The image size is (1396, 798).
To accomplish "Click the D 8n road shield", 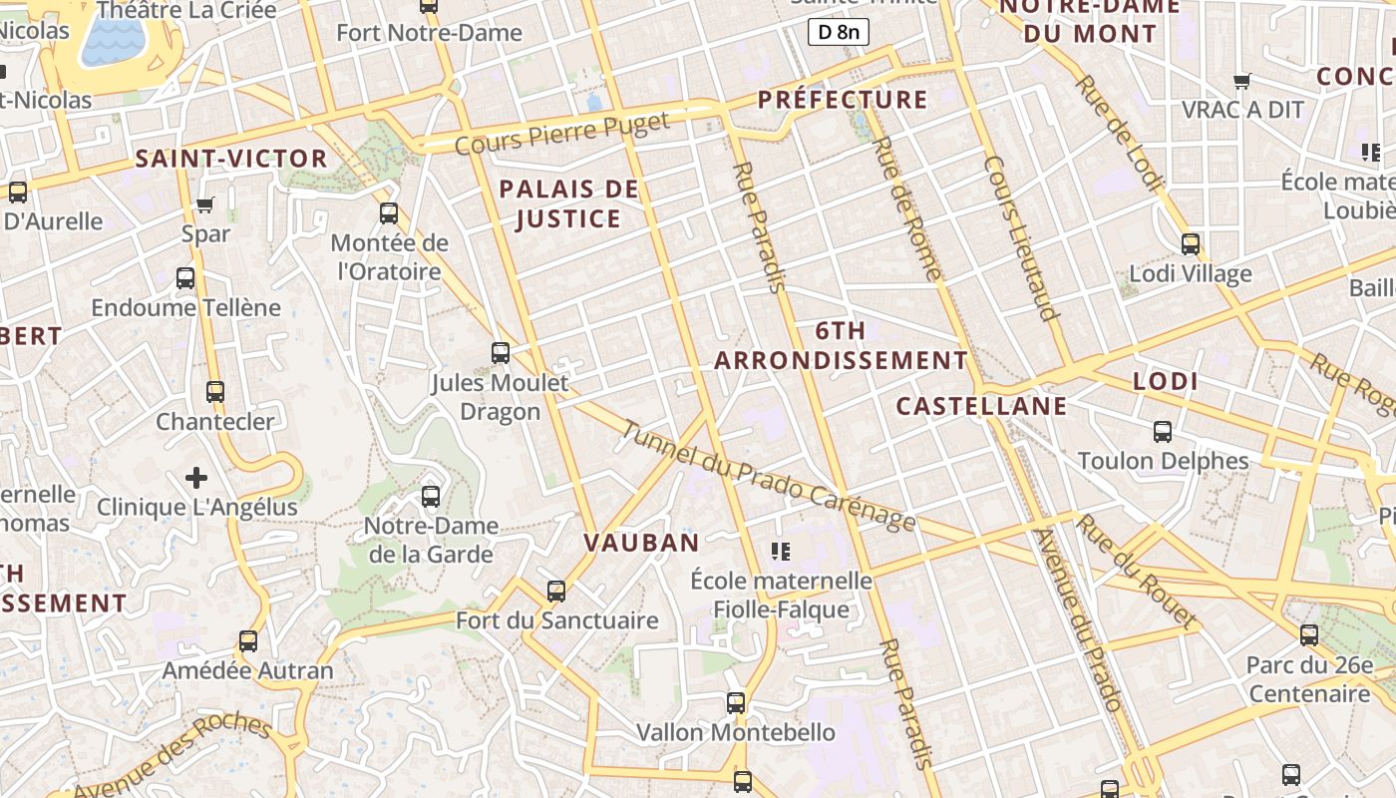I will click(838, 33).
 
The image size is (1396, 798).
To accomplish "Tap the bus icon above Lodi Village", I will click(1190, 244).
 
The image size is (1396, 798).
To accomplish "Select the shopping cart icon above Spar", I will click(205, 205).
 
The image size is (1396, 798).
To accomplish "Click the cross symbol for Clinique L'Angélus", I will click(196, 478).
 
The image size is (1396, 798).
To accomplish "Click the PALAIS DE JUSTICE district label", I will click(568, 203).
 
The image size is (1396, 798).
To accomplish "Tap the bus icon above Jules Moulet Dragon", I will click(501, 353).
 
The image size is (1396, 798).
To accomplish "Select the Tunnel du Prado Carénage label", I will click(768, 476).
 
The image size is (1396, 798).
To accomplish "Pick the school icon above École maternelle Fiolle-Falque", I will click(781, 551).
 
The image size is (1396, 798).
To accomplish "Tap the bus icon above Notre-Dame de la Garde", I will click(431, 497).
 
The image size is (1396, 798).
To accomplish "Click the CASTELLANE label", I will click(981, 406).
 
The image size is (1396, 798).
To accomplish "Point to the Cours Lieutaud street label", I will click(1020, 238).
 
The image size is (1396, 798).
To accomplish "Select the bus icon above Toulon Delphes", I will click(1163, 432).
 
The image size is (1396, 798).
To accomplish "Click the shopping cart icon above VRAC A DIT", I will click(1241, 81).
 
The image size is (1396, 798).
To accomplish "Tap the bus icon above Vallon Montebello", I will click(736, 703).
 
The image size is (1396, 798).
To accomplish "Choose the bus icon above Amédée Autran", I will click(248, 641).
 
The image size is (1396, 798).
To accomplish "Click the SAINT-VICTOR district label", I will click(231, 159).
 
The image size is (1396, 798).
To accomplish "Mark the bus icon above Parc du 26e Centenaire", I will click(1309, 635).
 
